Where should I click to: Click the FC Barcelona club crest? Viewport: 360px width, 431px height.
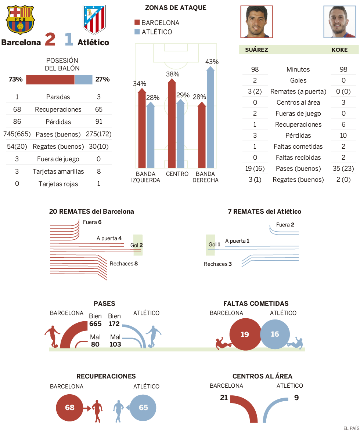point(20,19)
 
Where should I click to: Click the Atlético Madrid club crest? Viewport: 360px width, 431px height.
point(94,19)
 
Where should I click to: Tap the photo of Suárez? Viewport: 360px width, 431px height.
point(256,22)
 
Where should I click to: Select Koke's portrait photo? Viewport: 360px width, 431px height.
point(339,22)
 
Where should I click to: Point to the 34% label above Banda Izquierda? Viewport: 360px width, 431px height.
point(140,84)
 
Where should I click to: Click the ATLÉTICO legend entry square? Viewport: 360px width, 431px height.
point(137,32)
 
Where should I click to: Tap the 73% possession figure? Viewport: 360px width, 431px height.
point(16,79)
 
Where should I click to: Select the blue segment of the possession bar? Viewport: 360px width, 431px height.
point(83,80)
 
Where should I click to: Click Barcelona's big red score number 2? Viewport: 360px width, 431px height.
point(50,40)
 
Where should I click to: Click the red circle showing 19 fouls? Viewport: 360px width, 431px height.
point(245,334)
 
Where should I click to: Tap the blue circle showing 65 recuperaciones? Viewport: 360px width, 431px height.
point(143,408)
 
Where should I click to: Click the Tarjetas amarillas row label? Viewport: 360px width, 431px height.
point(58,171)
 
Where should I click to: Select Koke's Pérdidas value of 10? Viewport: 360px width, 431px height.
point(343,135)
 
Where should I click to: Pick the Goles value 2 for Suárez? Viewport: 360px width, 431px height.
point(255,80)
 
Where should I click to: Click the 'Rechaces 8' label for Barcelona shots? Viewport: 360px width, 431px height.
point(123,263)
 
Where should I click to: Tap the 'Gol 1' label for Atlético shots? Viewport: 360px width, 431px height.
point(214,245)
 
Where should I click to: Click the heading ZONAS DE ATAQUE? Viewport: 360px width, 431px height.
point(176,8)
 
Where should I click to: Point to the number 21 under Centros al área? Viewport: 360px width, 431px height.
point(224,397)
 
